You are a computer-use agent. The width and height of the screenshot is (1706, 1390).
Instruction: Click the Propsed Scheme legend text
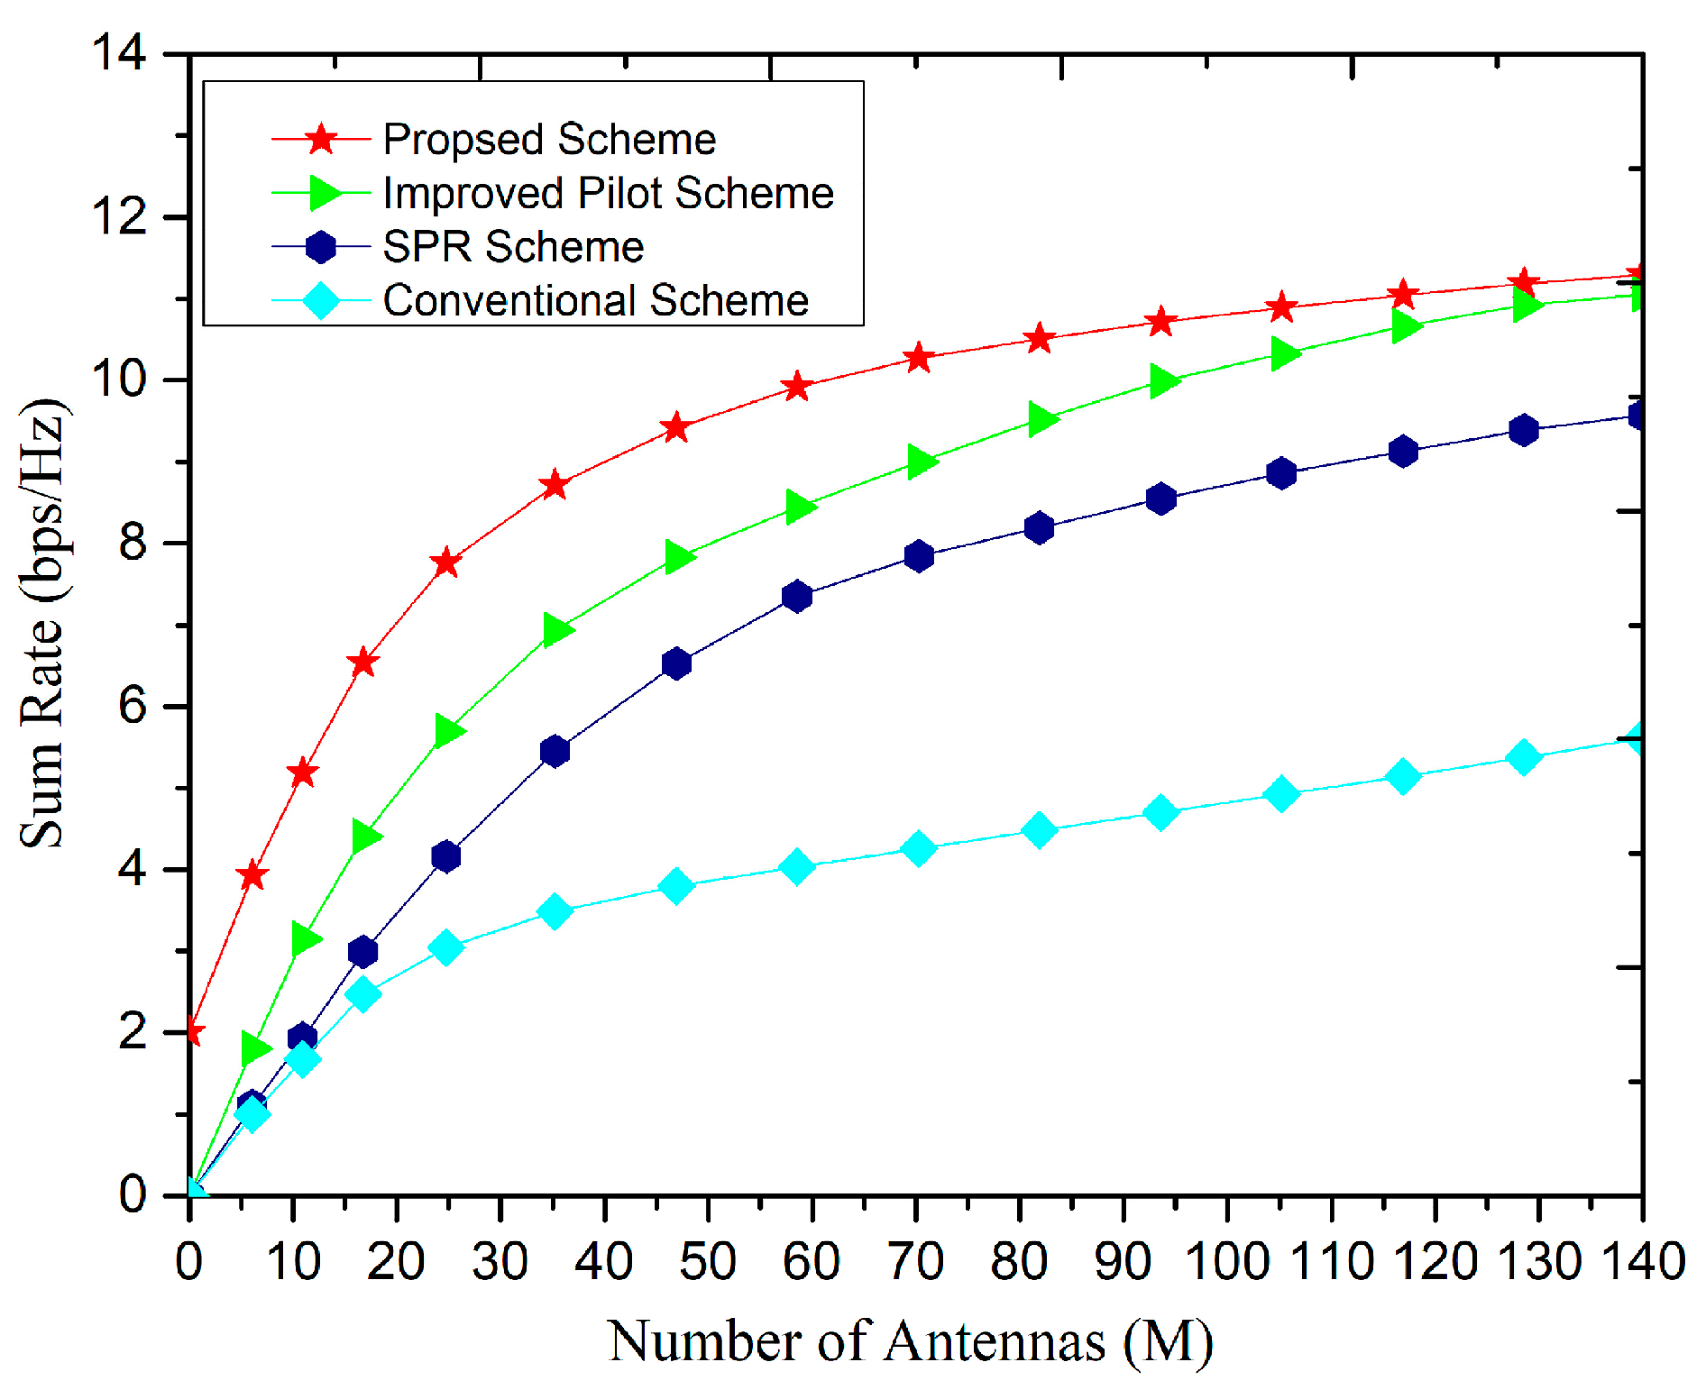(548, 140)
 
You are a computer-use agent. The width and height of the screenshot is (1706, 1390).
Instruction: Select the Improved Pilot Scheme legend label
(608, 193)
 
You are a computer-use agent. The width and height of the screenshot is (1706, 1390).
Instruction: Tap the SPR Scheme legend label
(512, 246)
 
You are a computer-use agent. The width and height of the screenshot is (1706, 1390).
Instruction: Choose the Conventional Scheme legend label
(595, 300)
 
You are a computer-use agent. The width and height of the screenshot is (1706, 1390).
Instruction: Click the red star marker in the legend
(321, 140)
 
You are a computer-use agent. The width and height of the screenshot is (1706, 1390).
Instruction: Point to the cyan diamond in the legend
(321, 300)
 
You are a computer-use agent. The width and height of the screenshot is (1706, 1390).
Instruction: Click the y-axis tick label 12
(119, 216)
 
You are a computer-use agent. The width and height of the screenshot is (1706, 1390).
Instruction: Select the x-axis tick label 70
(915, 1261)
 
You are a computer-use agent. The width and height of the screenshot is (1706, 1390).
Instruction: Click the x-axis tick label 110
(1332, 1261)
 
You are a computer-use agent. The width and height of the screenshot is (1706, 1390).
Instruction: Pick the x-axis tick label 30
(500, 1261)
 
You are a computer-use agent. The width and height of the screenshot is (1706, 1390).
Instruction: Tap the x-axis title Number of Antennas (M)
(911, 1341)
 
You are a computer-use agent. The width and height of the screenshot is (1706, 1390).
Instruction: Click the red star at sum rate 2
(191, 1031)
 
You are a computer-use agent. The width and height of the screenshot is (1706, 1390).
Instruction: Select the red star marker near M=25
(445, 563)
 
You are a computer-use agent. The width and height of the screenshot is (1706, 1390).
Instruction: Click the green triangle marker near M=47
(679, 557)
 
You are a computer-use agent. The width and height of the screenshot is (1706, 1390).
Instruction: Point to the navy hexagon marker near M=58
(797, 596)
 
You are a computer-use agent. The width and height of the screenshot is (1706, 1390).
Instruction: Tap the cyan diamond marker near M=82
(1039, 829)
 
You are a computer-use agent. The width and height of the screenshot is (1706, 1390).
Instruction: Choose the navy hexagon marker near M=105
(1281, 473)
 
